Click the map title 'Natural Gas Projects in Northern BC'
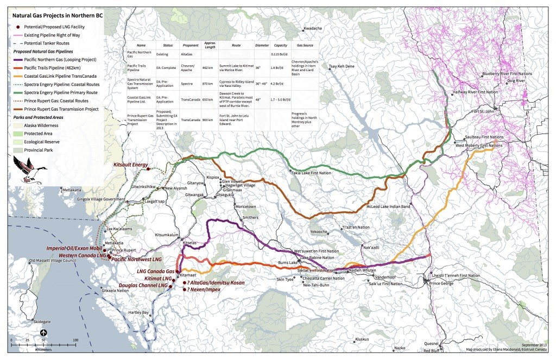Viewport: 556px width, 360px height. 57,16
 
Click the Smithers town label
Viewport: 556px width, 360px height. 250,217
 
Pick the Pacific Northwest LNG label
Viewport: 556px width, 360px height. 136,260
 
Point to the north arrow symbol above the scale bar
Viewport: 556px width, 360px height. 43,333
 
